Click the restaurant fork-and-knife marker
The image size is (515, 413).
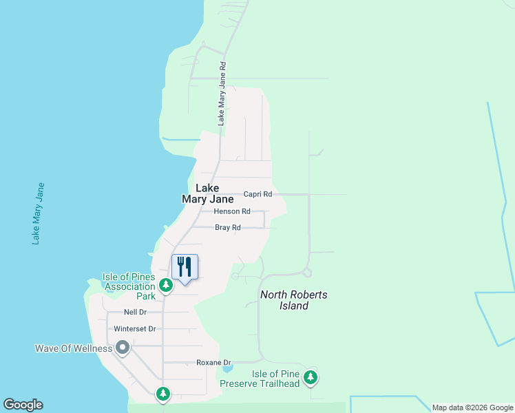click(x=184, y=266)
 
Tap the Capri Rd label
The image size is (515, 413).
click(x=258, y=195)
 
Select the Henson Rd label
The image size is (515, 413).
click(x=231, y=211)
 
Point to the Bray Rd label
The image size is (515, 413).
click(x=227, y=227)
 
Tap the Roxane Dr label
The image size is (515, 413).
click(x=214, y=362)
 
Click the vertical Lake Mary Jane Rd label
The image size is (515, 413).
click(x=222, y=93)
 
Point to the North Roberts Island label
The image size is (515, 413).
click(x=294, y=300)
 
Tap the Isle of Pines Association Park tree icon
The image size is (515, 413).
click(x=165, y=284)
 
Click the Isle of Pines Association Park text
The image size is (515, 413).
click(x=129, y=286)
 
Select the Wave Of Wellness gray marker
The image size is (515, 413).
click(x=123, y=348)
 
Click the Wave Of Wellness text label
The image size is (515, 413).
click(x=74, y=348)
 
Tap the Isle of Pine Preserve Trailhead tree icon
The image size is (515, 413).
click(x=311, y=377)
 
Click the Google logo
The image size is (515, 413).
click(x=23, y=405)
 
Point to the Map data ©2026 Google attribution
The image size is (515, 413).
click(x=472, y=407)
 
